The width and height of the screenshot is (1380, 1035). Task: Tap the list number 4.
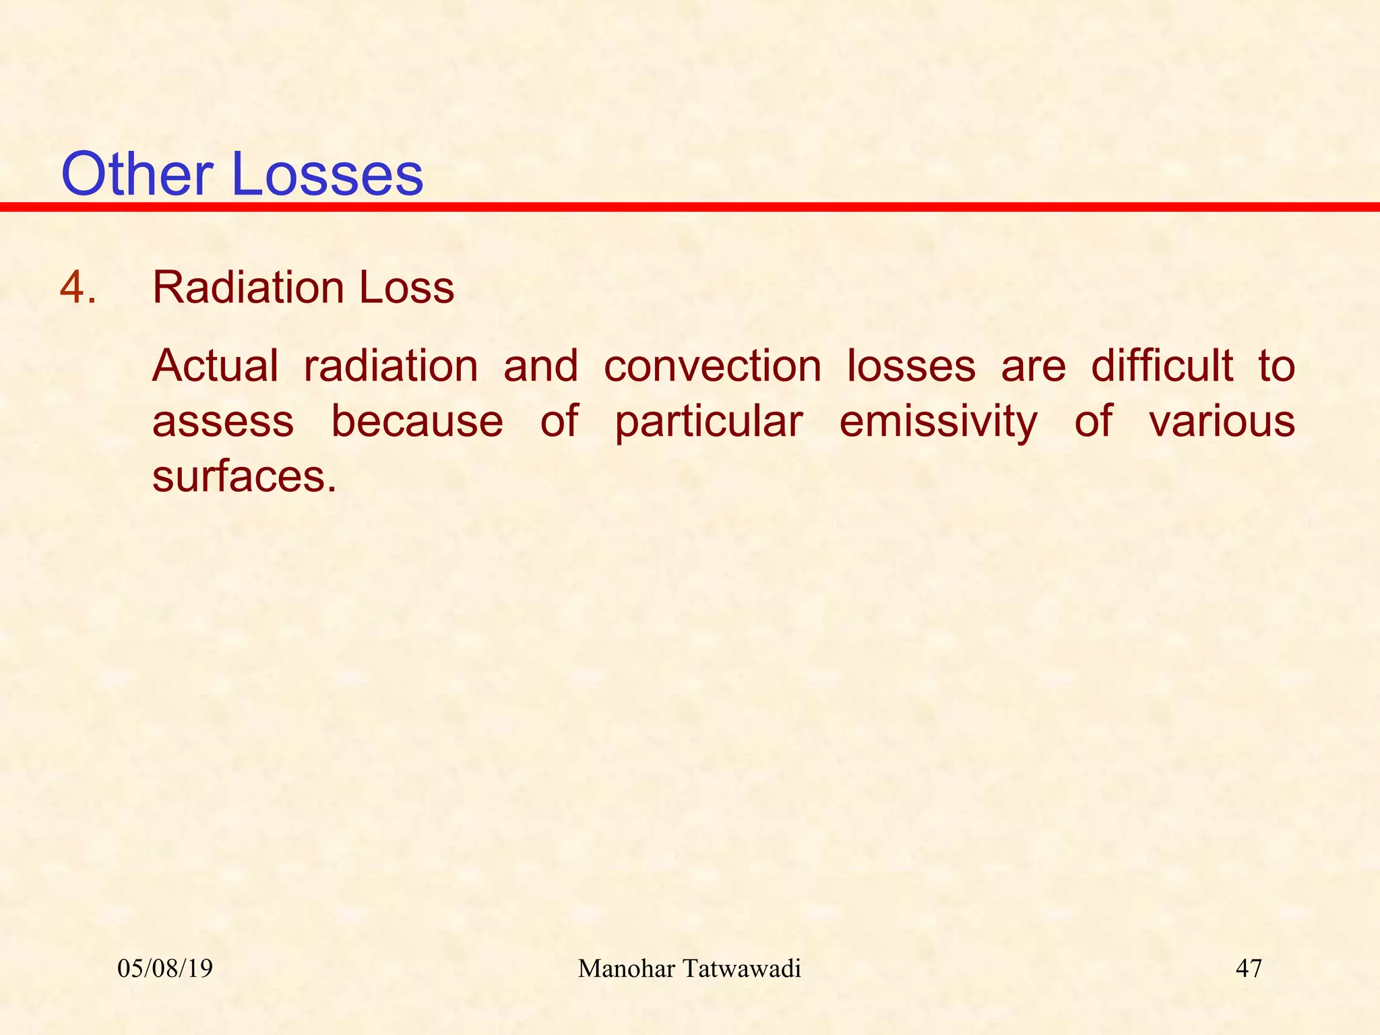click(x=77, y=288)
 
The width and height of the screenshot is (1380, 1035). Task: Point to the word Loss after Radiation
click(x=406, y=288)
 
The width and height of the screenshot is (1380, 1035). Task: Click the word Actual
click(x=215, y=366)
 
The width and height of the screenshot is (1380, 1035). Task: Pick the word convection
click(x=712, y=366)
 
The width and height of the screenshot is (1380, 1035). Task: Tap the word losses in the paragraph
click(x=911, y=366)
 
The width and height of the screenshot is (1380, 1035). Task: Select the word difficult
click(x=1162, y=366)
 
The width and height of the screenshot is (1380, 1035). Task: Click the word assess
click(x=223, y=422)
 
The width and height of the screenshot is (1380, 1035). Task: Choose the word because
click(x=417, y=422)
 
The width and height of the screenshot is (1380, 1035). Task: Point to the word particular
click(x=709, y=422)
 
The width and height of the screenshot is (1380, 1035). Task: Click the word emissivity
click(x=939, y=422)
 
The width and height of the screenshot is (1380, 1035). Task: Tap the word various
click(x=1222, y=422)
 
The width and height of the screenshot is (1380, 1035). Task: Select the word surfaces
click(x=244, y=476)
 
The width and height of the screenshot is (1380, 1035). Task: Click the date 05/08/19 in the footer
click(x=165, y=969)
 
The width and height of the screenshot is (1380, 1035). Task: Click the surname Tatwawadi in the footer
click(x=741, y=969)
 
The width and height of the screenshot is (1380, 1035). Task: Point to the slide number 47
click(x=1249, y=969)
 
